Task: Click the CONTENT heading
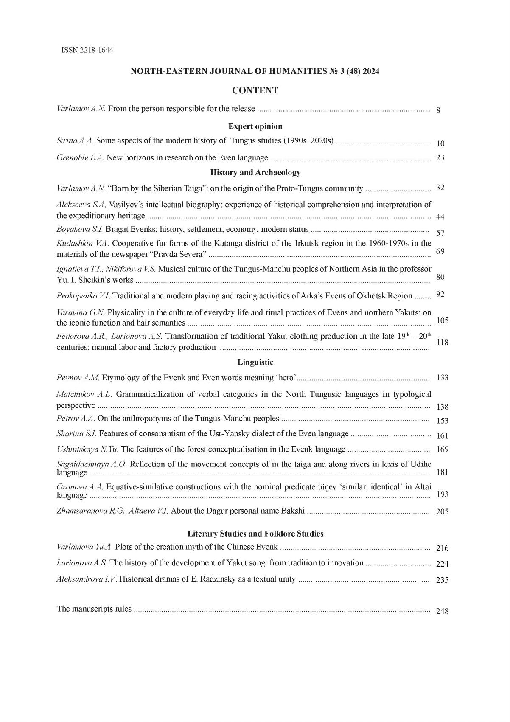(255, 90)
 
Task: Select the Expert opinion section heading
(255, 126)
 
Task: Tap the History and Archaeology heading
(255, 172)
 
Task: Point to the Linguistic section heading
(255, 362)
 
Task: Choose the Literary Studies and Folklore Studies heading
(255, 534)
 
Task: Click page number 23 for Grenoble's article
(440, 158)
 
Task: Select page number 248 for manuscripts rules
(442, 612)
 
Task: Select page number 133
(442, 378)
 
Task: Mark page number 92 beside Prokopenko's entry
(440, 295)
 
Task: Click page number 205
(442, 512)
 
